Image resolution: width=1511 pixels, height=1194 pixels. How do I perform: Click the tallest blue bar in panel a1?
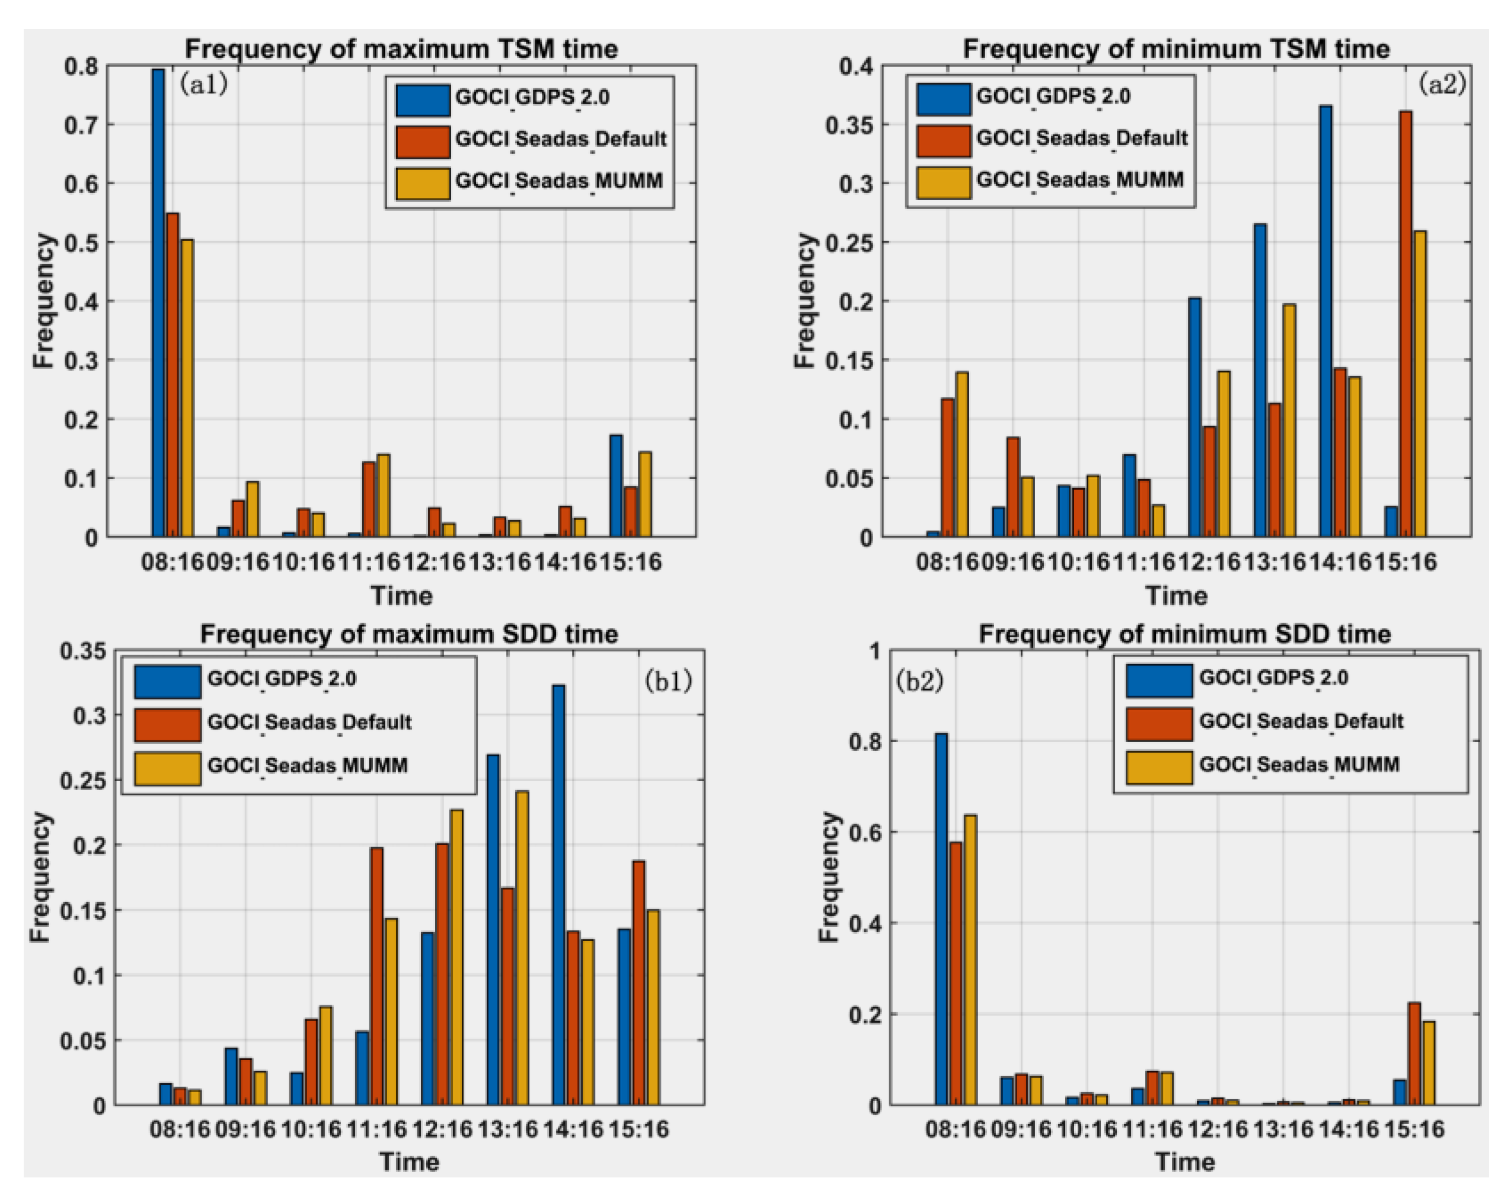point(158,303)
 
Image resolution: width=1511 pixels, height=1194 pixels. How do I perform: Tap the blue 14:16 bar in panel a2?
point(1325,321)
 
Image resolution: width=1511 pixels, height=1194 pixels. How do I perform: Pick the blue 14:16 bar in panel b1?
point(558,895)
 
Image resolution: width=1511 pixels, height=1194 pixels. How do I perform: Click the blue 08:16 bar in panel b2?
point(941,919)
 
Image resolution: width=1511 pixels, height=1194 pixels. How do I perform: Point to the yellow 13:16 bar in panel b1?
point(522,948)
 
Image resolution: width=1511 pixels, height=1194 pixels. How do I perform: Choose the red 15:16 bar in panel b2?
point(1414,1054)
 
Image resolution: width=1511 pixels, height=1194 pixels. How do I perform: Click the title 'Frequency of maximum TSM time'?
point(401,49)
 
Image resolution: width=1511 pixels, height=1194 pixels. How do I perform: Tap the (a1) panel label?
point(203,84)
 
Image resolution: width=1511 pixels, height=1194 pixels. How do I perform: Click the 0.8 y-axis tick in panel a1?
point(81,67)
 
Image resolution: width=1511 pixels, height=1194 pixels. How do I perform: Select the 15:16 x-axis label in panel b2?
point(1414,1129)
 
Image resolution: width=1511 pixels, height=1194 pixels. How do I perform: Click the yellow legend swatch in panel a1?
point(423,183)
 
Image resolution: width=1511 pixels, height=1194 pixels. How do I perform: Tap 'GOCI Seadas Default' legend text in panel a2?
point(1081,138)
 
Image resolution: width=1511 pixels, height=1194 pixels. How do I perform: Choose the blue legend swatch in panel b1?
point(167,681)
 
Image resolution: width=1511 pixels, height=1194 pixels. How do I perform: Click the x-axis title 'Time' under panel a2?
point(1176,596)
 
